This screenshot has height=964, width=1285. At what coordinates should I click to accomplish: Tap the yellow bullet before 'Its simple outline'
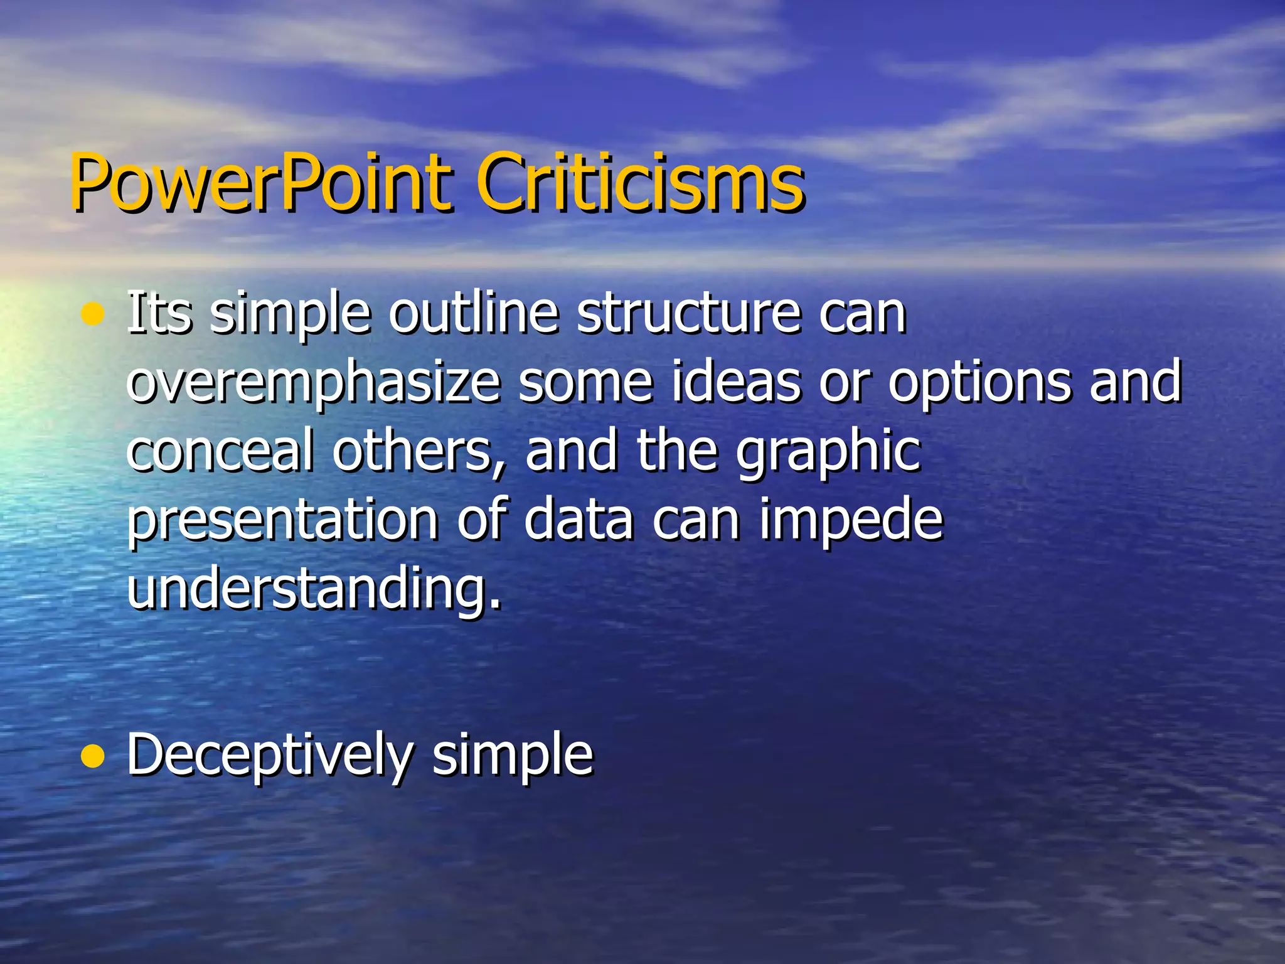click(93, 314)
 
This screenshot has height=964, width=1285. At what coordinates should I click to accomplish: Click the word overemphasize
click(313, 383)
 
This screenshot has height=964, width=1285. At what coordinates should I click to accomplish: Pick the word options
click(979, 383)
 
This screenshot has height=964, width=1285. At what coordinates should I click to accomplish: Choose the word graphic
click(828, 452)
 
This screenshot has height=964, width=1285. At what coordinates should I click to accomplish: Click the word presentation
click(283, 521)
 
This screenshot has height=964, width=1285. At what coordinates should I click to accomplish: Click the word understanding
click(314, 588)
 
